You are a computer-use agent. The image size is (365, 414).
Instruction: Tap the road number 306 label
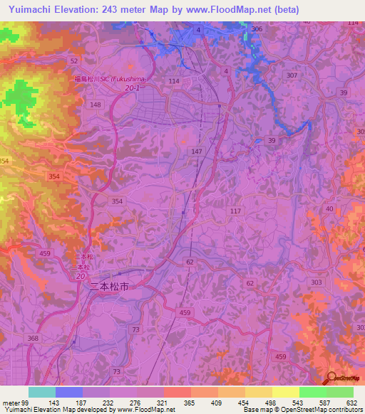[257, 29]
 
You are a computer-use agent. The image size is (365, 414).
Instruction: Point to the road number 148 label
[96, 105]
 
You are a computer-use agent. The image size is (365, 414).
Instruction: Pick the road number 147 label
[197, 152]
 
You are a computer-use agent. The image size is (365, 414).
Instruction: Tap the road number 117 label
[236, 211]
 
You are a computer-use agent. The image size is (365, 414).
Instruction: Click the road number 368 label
[33, 339]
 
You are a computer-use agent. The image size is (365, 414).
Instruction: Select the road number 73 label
[117, 372]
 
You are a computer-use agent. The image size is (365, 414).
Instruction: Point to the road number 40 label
[328, 208]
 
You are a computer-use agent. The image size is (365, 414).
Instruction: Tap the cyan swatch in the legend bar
[42, 392]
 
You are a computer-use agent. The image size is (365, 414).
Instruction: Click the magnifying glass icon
[332, 378]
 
